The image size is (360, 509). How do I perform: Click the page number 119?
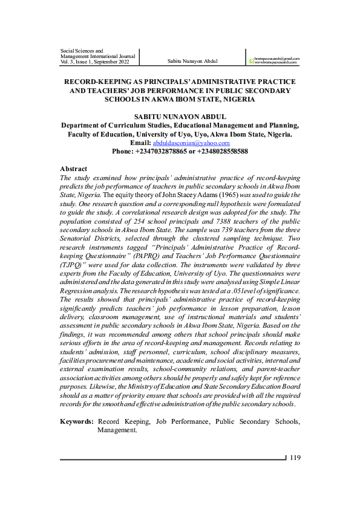(295, 457)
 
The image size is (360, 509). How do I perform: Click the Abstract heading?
(74, 169)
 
